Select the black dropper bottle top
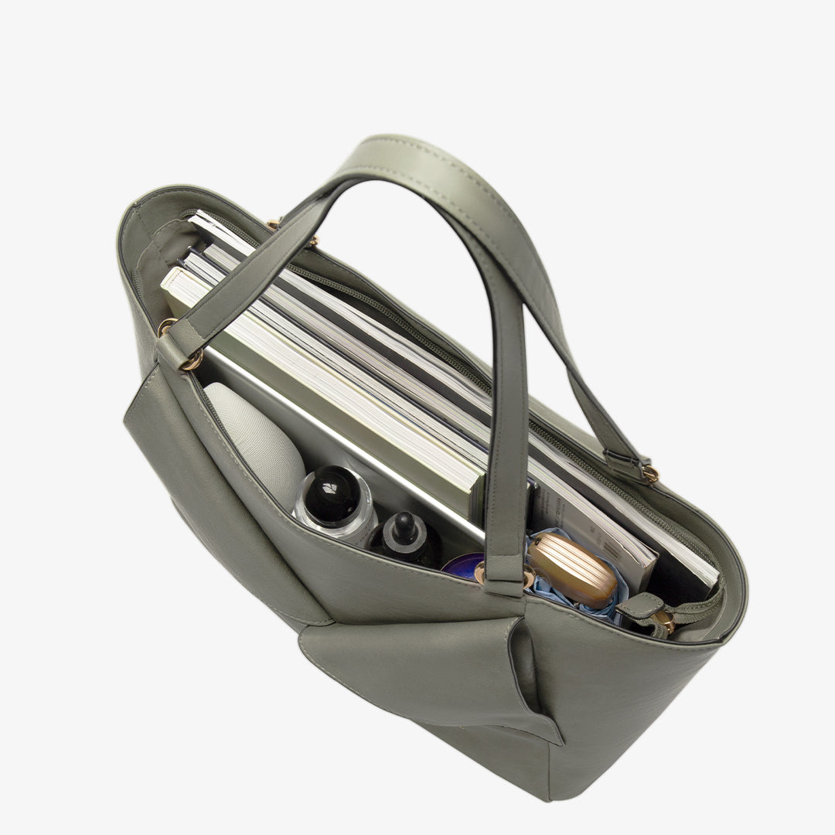(404, 527)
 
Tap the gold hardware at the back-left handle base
(273, 223)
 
